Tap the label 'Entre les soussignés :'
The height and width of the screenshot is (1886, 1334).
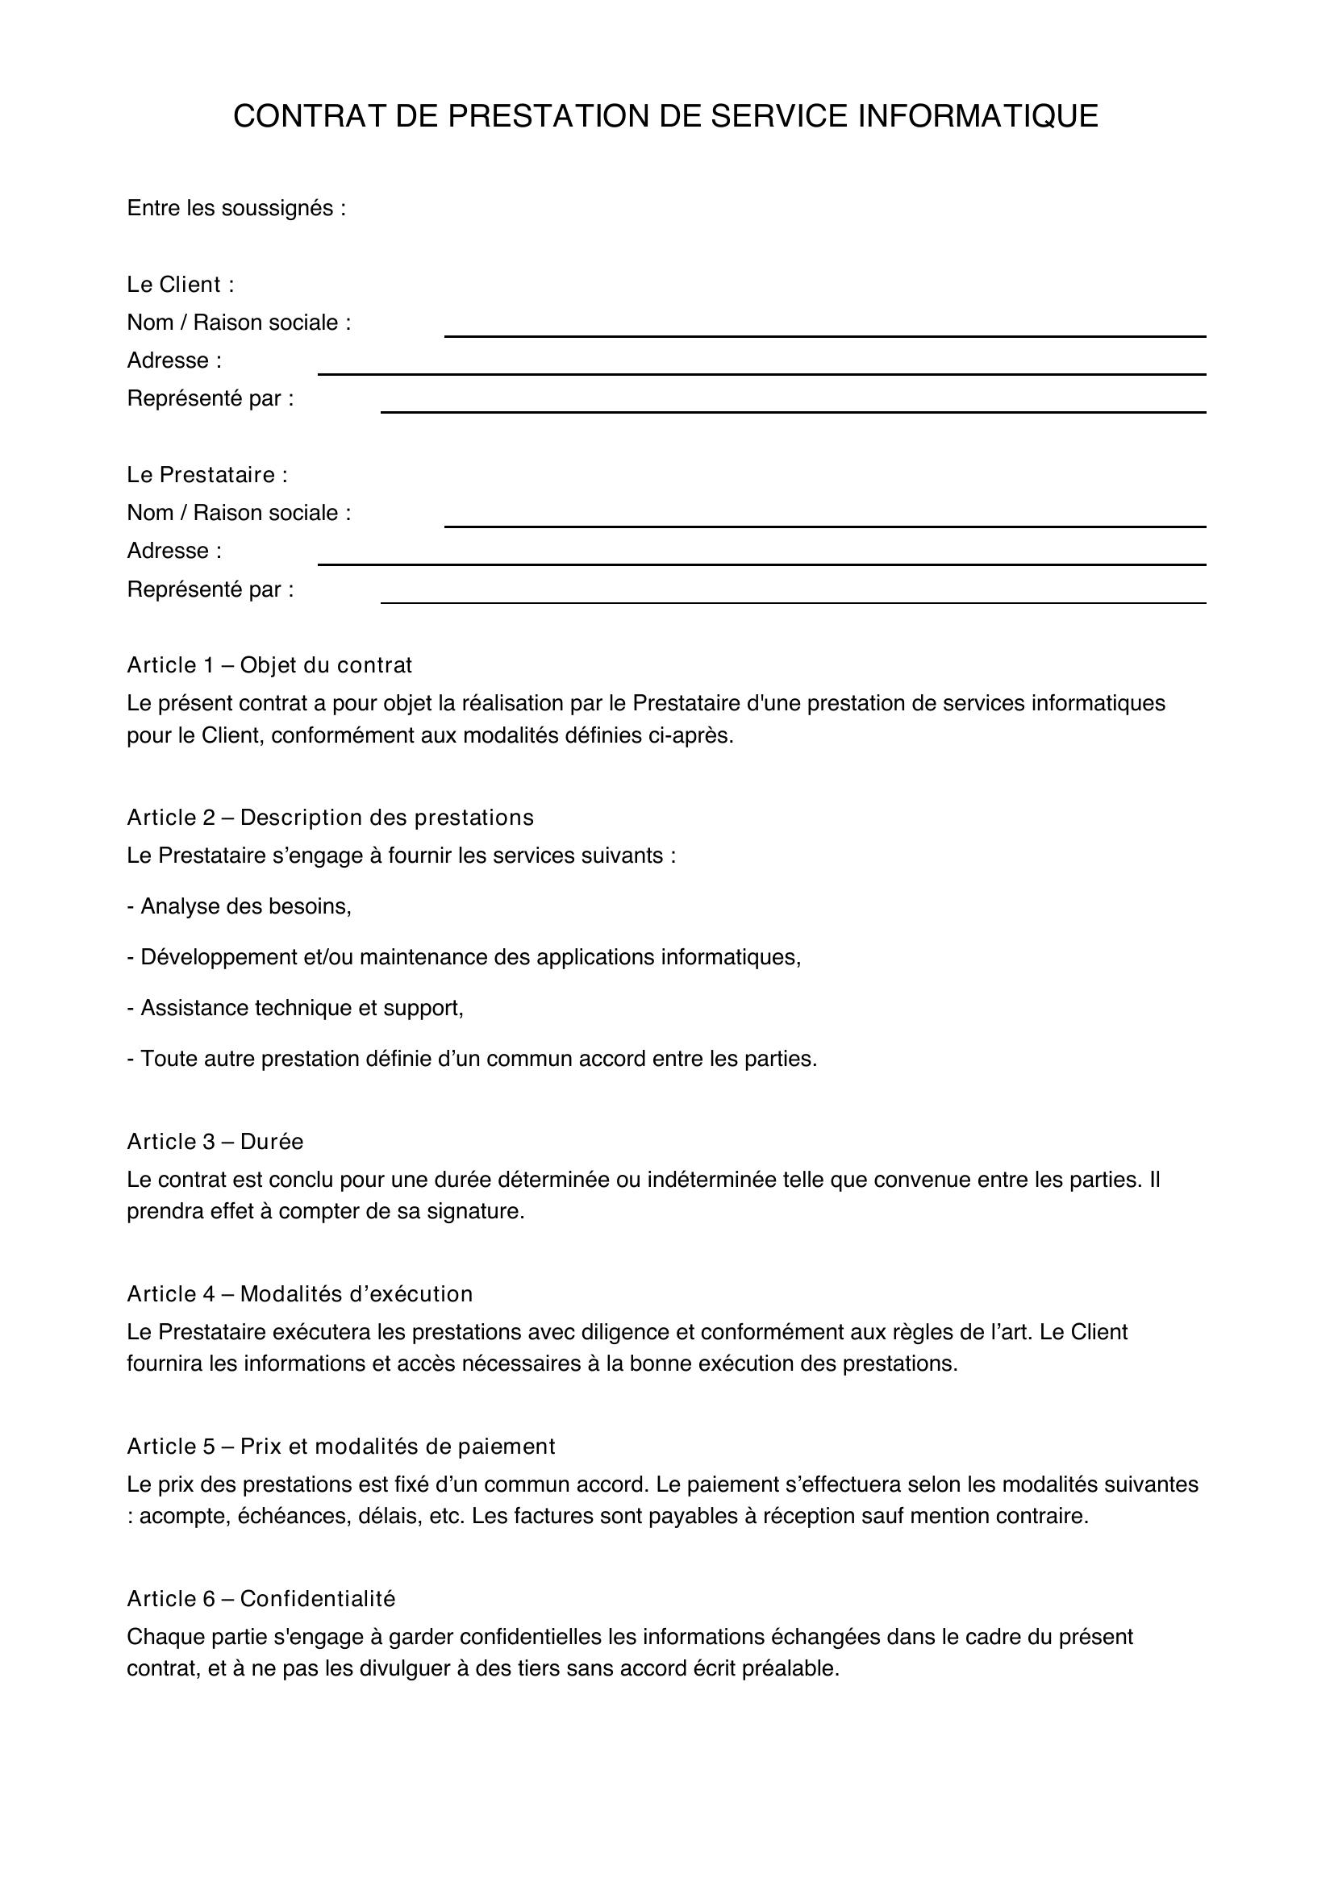pyautogui.click(x=236, y=209)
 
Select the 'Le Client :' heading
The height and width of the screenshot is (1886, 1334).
pyautogui.click(x=180, y=285)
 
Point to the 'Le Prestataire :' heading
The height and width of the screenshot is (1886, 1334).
pyautogui.click(x=207, y=475)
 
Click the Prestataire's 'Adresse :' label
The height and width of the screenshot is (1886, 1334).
pyautogui.click(x=174, y=551)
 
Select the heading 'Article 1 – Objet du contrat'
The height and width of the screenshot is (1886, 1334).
pyautogui.click(x=269, y=665)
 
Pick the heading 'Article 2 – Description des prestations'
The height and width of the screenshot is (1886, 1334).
pyautogui.click(x=330, y=818)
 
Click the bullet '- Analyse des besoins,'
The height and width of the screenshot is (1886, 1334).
pyautogui.click(x=239, y=906)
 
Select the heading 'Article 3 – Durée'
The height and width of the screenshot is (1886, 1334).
pyautogui.click(x=215, y=1142)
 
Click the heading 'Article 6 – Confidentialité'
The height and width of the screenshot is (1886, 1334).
pyautogui.click(x=261, y=1598)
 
